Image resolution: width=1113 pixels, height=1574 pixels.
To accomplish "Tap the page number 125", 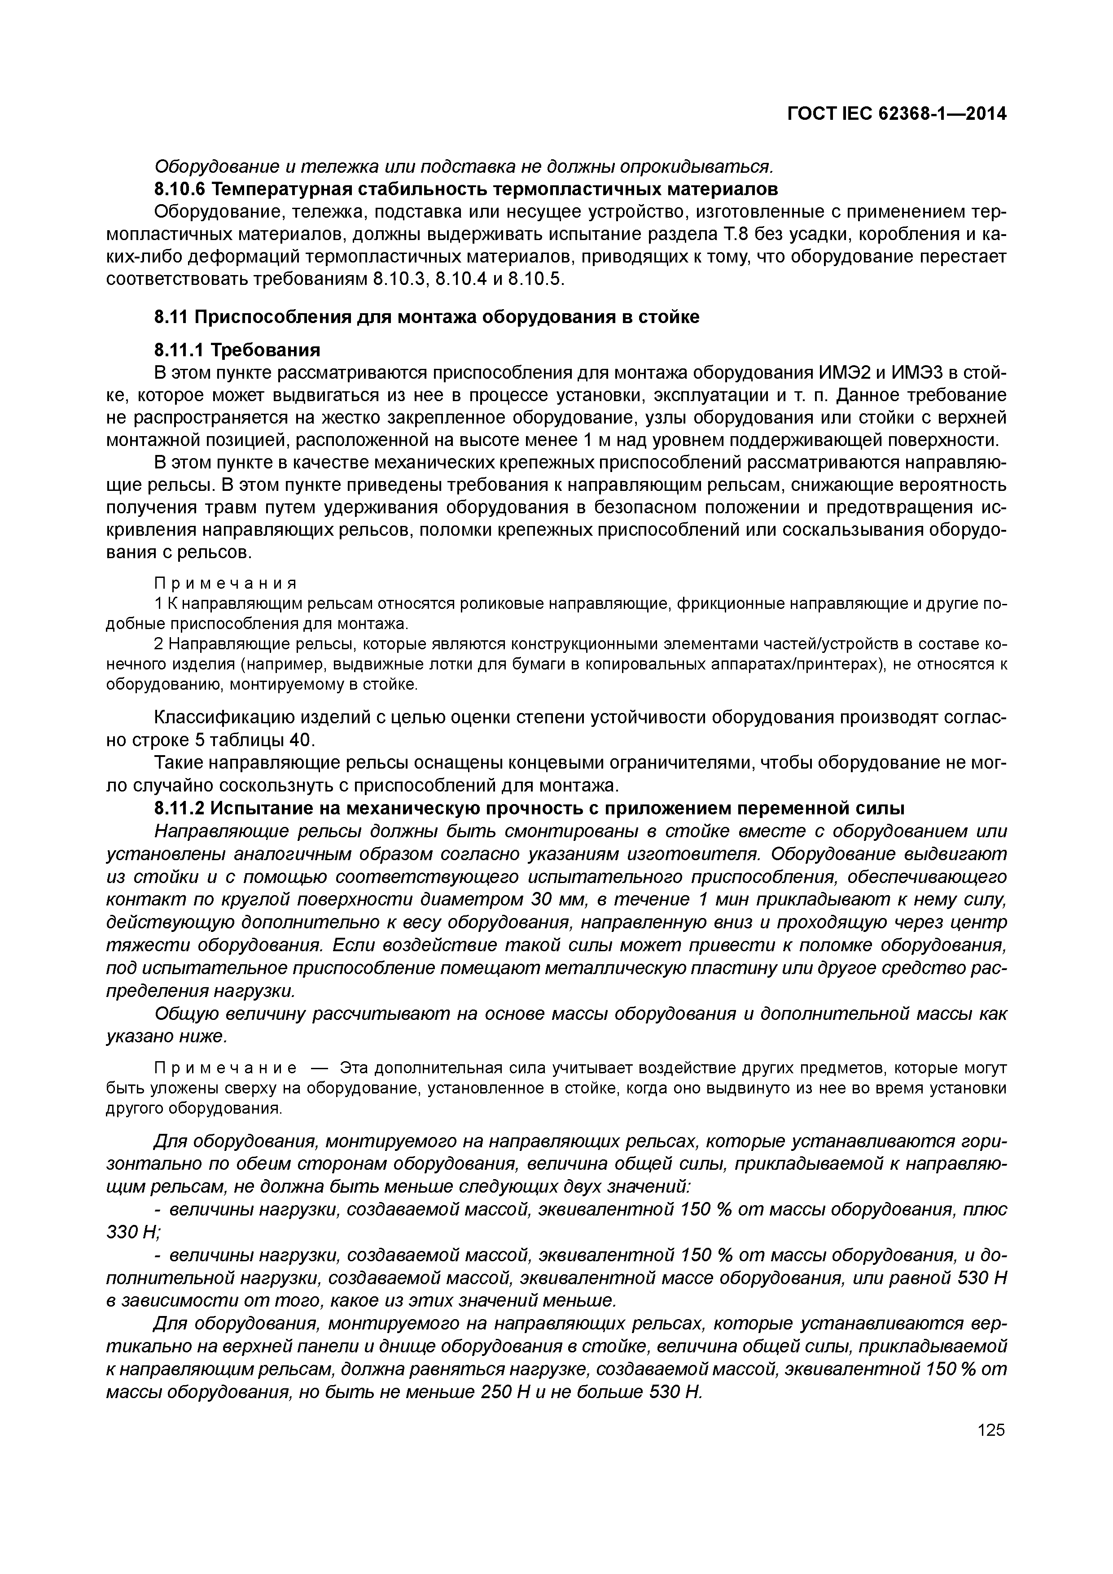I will point(990,1430).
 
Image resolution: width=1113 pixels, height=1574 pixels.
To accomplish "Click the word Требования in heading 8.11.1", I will point(265,350).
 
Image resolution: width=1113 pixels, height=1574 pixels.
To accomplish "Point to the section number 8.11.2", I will point(179,809).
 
